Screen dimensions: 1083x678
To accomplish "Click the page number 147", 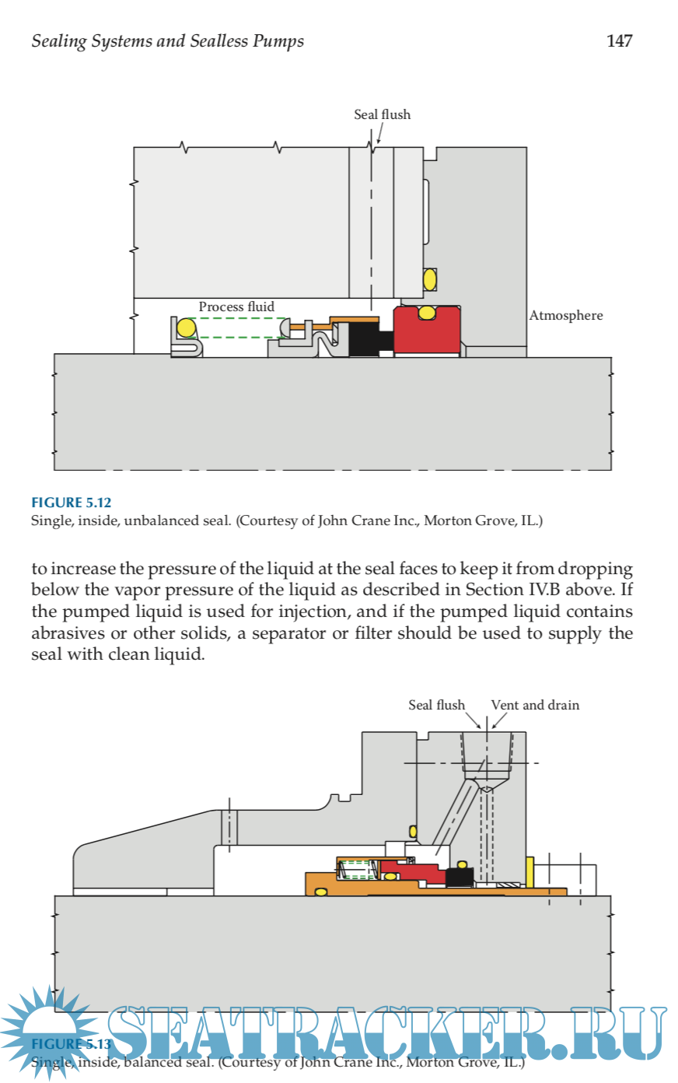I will tap(619, 41).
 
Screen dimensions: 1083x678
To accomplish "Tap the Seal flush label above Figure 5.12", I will tap(382, 114).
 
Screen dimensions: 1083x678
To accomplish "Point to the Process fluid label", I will tap(236, 307).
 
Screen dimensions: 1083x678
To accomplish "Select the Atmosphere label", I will tap(566, 315).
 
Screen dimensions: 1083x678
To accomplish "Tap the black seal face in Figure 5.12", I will tap(363, 339).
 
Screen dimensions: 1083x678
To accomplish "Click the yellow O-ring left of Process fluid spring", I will tap(186, 328).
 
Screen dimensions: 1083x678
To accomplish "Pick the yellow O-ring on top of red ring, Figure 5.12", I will tap(426, 313).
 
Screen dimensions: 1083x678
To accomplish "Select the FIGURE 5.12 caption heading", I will tap(71, 503).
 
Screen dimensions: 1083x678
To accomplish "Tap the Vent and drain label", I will tap(535, 705).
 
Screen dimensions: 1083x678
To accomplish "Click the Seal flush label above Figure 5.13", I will tap(436, 705).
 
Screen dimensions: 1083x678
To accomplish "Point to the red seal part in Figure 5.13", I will tap(420, 872).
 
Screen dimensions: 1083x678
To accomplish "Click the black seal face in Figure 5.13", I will tap(460, 877).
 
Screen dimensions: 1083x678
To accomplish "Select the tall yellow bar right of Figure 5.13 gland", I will tap(529, 871).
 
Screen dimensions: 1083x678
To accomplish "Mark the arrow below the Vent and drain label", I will tap(498, 722).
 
